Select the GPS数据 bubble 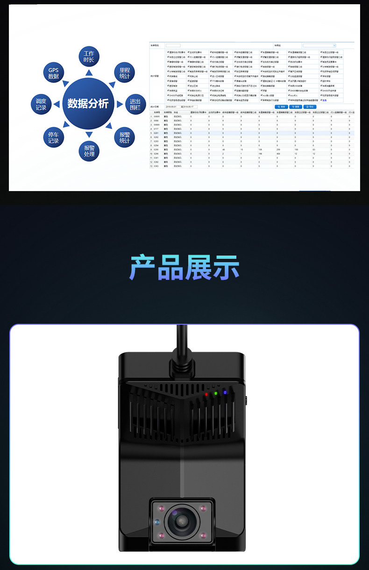[53, 73]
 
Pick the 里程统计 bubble [124, 73]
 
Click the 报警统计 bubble [124, 136]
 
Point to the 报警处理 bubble [89, 151]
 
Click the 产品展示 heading [184, 268]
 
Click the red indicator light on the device [206, 395]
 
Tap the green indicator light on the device [215, 393]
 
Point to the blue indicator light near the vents [225, 392]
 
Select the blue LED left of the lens [156, 522]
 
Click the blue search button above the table [282, 107]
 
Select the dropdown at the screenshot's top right [319, 45]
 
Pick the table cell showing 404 [278, 153]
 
